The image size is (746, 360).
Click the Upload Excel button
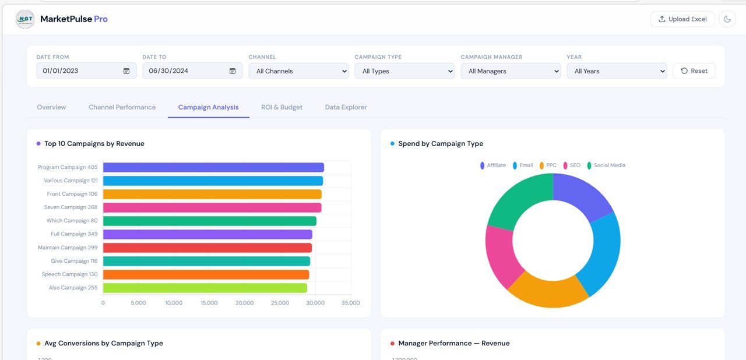[x=682, y=19]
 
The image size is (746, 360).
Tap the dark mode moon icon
[x=727, y=19]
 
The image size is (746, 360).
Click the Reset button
[x=694, y=71]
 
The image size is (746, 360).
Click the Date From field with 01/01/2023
[x=79, y=71]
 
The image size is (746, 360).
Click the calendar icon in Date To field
[x=233, y=71]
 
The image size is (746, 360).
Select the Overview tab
[x=51, y=107]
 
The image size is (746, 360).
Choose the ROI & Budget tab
[x=281, y=107]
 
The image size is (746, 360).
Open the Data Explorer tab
[x=346, y=107]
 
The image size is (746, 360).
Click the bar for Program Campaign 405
[x=213, y=168]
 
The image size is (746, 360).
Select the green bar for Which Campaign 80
[x=210, y=221]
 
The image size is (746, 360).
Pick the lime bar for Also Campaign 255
[x=205, y=288]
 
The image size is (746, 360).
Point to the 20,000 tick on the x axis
[x=245, y=303]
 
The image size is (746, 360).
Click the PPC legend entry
[x=548, y=165]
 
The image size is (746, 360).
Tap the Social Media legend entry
[x=606, y=165]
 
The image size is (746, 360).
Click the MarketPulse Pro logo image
[x=25, y=19]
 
